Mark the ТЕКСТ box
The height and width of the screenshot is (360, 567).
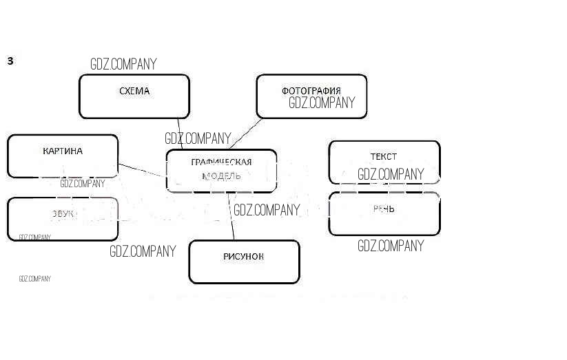pos(384,156)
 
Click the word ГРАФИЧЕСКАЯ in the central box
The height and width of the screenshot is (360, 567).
pos(221,162)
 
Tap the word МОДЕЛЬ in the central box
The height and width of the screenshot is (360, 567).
pos(221,176)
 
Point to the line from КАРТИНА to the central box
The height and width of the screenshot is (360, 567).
pos(142,170)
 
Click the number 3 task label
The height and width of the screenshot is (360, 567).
pos(10,61)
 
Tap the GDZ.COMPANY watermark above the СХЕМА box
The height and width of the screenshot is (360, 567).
pos(123,64)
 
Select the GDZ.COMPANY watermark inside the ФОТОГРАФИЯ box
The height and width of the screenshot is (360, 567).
pos(322,103)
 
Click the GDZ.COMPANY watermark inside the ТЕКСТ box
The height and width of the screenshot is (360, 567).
pos(391,174)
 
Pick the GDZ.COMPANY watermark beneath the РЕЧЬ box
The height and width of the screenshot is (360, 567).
pos(391,246)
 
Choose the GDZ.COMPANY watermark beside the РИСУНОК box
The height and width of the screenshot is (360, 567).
pos(143,251)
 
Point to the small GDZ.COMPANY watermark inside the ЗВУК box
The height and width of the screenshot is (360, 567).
pos(34,237)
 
